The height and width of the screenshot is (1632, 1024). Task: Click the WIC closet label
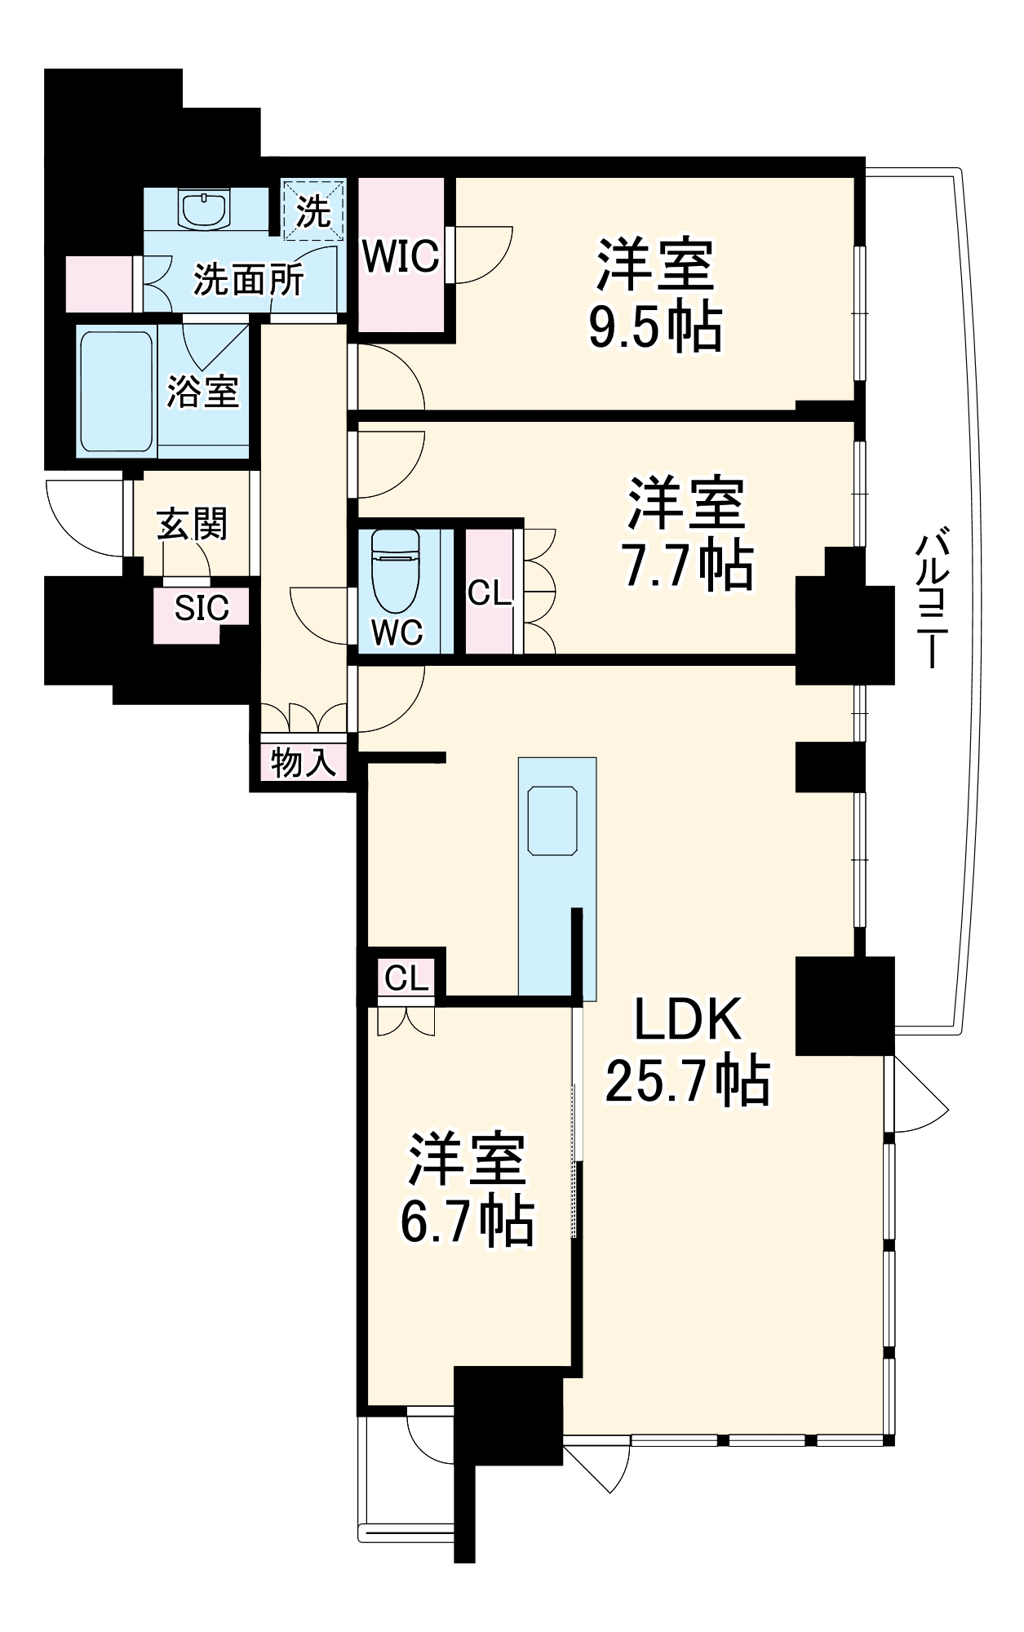coord(401,256)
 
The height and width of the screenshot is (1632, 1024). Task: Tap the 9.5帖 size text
coord(655,327)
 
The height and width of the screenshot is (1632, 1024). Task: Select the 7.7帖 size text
coord(687,565)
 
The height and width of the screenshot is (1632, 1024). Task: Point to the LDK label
coord(688,1019)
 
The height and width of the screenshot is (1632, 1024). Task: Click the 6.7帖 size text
coord(467,1222)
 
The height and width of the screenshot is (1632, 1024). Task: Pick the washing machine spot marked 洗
coord(313,211)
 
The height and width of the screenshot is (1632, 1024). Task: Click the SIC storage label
coord(202,608)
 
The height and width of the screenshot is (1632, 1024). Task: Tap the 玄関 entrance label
coord(193,524)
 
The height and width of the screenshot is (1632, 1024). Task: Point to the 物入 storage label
coord(303,763)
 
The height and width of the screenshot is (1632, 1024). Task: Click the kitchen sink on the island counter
coord(552,820)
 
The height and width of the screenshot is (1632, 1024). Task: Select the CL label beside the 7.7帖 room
coord(489,593)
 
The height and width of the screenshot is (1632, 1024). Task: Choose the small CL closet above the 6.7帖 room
coord(406,978)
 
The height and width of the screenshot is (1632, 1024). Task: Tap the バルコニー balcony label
coord(932,600)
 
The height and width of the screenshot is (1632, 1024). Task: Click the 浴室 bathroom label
coord(202,391)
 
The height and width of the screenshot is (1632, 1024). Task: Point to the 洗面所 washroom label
coord(248,280)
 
